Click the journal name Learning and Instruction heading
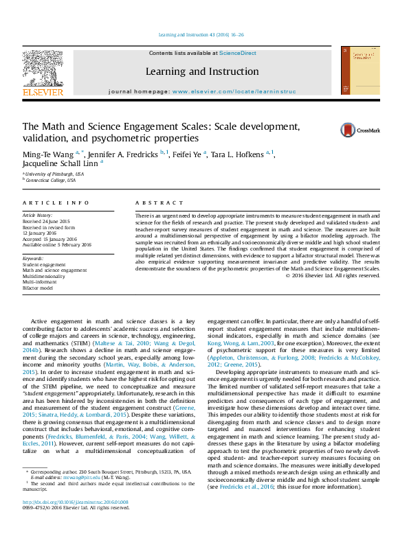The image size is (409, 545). pos(201,71)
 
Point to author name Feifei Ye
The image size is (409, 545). pos(187,155)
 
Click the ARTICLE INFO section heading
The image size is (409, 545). pos(56,203)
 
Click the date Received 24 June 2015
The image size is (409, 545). pos(47,222)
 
